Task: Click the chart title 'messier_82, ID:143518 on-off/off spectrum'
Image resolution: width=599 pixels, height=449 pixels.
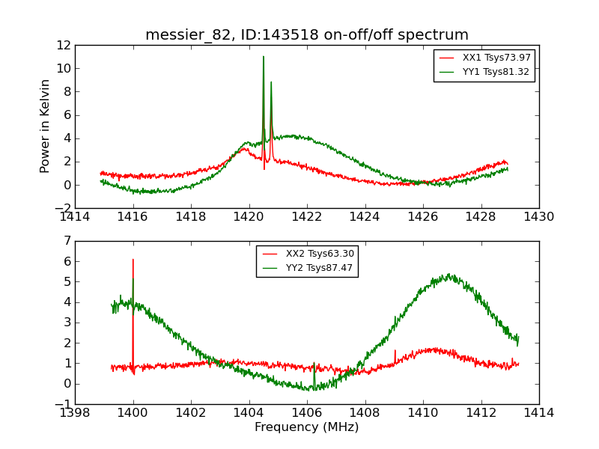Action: point(307,35)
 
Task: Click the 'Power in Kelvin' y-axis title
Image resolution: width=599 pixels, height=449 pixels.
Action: point(46,126)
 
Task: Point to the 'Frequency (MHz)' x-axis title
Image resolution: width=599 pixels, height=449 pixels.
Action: point(307,427)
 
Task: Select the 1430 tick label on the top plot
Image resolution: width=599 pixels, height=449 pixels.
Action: point(539,217)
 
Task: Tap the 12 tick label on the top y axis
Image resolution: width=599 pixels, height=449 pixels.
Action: point(63,45)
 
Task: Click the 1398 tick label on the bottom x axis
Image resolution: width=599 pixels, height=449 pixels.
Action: point(75,413)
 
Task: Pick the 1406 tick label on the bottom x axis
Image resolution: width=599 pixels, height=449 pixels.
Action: point(307,413)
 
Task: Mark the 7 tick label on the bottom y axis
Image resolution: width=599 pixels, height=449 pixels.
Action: point(67,241)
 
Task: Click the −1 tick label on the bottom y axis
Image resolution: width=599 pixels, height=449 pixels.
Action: point(63,404)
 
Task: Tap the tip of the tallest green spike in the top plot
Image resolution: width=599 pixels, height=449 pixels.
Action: point(264,56)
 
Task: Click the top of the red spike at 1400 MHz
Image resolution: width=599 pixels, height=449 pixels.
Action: point(133,260)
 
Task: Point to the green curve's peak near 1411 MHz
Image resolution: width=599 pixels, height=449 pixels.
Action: point(449,275)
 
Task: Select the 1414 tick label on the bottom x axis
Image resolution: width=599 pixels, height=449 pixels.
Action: point(539,413)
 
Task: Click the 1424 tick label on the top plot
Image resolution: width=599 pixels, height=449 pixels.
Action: point(365,217)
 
